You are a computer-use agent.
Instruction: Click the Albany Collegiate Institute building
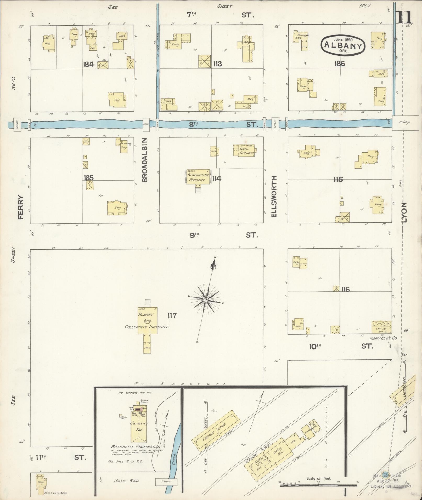click(147, 321)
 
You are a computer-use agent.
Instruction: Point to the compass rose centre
click(206, 299)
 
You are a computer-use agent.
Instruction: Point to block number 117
click(172, 316)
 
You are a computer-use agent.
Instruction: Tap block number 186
click(339, 63)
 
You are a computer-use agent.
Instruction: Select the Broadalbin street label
click(145, 160)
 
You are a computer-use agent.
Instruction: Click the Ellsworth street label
click(274, 196)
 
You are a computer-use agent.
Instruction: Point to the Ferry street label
click(21, 207)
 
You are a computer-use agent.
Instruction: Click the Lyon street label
click(404, 212)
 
